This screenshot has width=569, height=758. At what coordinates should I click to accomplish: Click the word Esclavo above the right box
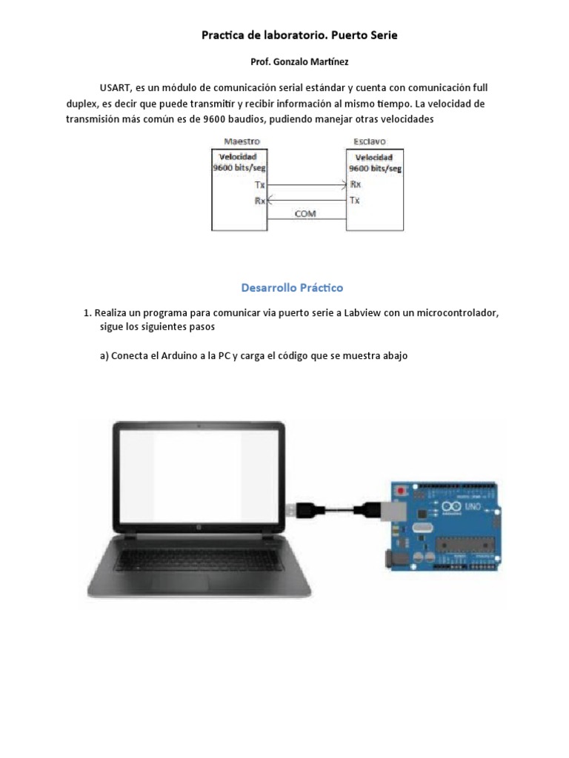pyautogui.click(x=370, y=141)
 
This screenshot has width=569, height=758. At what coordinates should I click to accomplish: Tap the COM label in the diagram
pyautogui.click(x=305, y=213)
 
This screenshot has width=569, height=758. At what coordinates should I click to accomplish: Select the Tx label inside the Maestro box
pyautogui.click(x=259, y=185)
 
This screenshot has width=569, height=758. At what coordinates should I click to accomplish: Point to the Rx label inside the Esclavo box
pyautogui.click(x=356, y=185)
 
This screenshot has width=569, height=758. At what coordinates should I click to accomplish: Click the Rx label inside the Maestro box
pyautogui.click(x=259, y=200)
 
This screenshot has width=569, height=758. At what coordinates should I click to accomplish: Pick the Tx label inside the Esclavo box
pyautogui.click(x=356, y=200)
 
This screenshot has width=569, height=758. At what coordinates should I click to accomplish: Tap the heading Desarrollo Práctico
pyautogui.click(x=293, y=287)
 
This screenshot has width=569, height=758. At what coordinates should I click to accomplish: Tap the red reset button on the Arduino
pyautogui.click(x=402, y=491)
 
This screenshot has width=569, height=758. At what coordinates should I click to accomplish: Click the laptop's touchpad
pyautogui.click(x=195, y=577)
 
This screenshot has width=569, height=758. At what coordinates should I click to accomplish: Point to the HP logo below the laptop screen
pyautogui.click(x=199, y=528)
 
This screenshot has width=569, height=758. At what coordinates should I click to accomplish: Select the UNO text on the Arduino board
pyautogui.click(x=471, y=506)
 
